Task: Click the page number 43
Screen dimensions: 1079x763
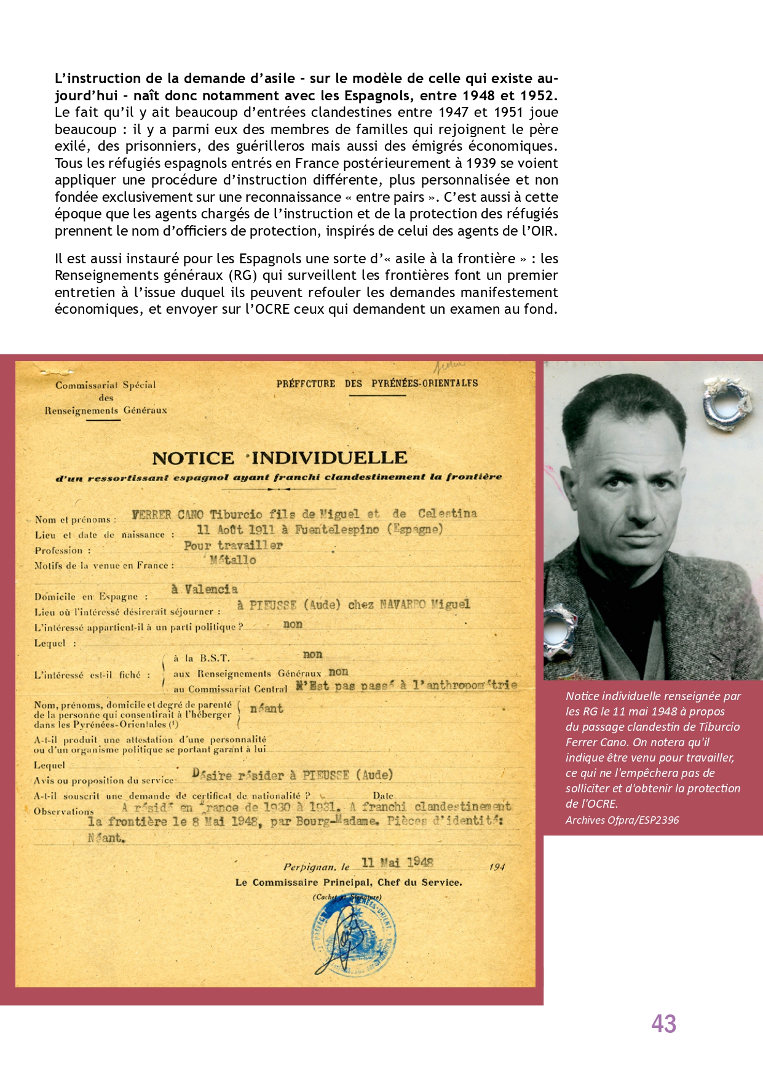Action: tap(663, 1024)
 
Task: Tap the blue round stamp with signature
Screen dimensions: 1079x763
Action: tap(353, 936)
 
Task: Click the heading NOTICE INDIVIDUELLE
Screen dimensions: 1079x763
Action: tap(280, 458)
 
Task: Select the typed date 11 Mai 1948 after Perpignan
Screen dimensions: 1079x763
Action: tap(397, 862)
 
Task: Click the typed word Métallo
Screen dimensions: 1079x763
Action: tap(232, 560)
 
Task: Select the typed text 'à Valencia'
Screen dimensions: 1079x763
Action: tap(204, 589)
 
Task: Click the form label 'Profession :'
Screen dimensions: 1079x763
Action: tap(63, 551)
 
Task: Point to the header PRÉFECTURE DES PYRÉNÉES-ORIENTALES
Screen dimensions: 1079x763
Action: tap(377, 383)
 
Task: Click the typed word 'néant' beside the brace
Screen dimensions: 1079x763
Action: tap(266, 709)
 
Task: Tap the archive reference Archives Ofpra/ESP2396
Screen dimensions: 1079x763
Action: tap(622, 820)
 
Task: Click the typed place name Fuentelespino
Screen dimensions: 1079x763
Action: tap(336, 530)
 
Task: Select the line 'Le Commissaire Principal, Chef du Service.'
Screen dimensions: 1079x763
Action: tap(349, 882)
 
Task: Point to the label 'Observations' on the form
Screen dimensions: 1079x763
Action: tap(64, 811)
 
